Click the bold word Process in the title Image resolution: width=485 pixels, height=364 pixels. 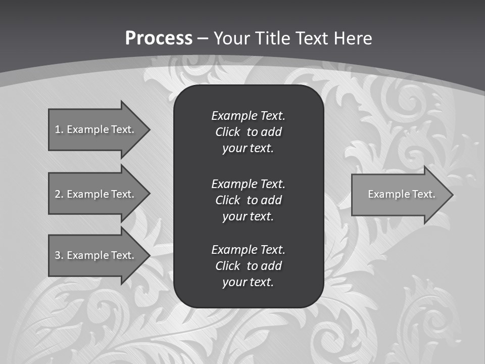pos(158,38)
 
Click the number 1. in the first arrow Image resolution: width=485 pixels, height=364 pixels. pos(59,129)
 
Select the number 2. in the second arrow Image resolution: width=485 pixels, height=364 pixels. pos(59,194)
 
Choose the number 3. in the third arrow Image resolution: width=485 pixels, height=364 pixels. pos(59,255)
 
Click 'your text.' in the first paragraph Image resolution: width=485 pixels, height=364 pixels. pos(248,149)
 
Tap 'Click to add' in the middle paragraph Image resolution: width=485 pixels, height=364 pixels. pos(248,200)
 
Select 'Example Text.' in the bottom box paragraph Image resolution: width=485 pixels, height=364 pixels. pos(248,250)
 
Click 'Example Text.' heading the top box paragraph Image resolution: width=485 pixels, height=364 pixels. pos(248,116)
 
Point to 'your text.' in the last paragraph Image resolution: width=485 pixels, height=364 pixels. pos(248,283)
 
